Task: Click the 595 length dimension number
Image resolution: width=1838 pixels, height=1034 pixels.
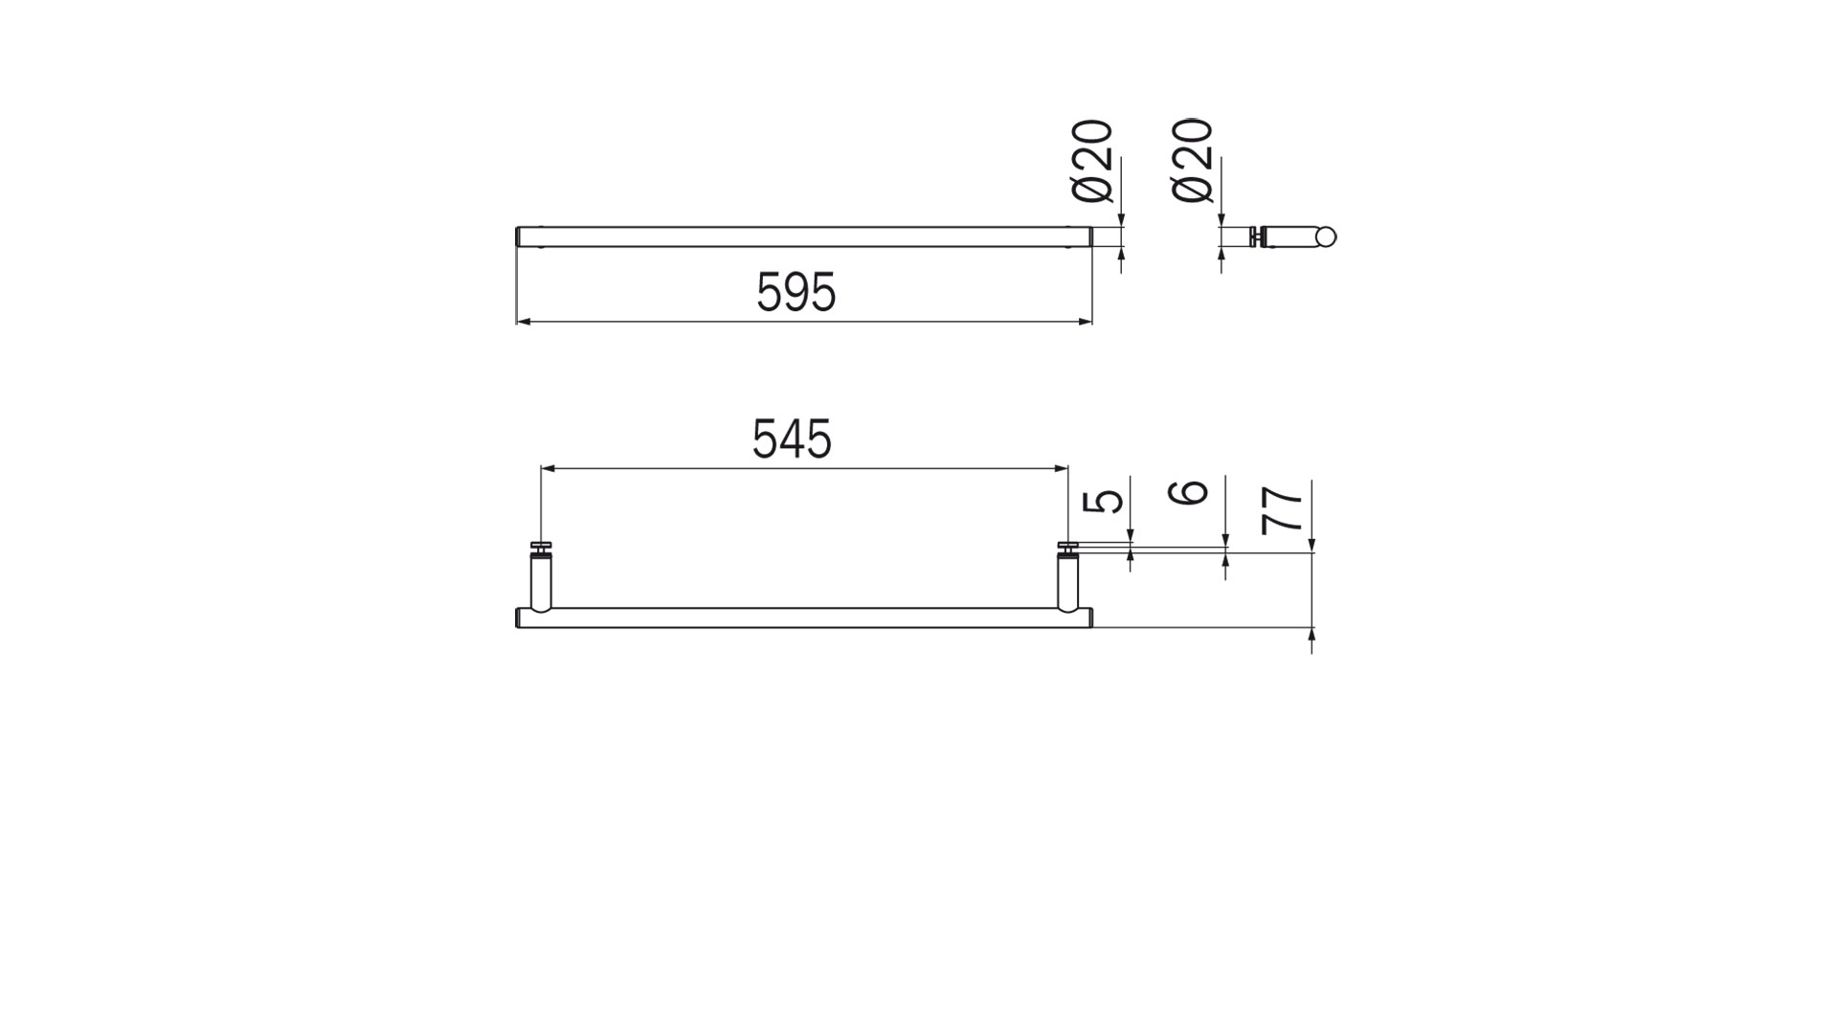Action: [x=796, y=292]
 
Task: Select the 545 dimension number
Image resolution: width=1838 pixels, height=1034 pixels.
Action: [x=792, y=439]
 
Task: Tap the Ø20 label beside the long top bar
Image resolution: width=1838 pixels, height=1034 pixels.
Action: [x=1093, y=161]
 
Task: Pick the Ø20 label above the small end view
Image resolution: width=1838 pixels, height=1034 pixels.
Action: [x=1193, y=161]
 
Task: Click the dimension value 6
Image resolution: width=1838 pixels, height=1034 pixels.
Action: [x=1190, y=492]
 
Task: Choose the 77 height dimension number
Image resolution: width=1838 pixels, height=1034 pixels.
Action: [x=1283, y=509]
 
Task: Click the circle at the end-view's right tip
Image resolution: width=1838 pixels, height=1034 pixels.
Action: [x=1326, y=237]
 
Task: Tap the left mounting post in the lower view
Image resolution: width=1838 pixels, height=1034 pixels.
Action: [x=541, y=583]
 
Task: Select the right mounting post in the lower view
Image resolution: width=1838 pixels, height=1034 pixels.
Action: [x=1068, y=583]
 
